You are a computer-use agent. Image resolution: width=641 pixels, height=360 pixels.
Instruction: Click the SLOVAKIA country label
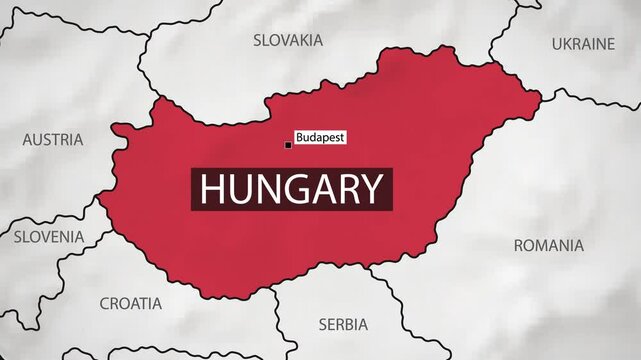[288, 40]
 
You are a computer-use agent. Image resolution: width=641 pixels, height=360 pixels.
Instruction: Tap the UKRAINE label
[583, 44]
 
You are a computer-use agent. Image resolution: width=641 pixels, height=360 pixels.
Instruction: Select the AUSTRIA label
[52, 139]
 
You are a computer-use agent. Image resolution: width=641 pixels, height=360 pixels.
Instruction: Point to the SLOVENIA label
[49, 237]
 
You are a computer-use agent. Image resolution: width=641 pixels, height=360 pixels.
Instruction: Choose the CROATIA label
[131, 302]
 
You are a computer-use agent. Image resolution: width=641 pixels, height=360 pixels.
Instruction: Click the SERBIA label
[342, 324]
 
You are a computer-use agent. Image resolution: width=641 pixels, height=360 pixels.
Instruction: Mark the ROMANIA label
[548, 245]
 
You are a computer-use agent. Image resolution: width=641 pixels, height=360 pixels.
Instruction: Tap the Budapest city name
[320, 135]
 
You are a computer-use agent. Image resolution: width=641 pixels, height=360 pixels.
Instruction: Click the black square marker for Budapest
[289, 146]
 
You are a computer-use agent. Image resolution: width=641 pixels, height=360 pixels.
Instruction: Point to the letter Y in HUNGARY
[371, 188]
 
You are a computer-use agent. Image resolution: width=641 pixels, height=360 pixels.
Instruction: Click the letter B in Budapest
[300, 135]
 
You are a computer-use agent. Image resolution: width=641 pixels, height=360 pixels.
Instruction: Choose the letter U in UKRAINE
[557, 44]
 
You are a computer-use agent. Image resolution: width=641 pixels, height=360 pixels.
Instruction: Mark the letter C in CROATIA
[105, 302]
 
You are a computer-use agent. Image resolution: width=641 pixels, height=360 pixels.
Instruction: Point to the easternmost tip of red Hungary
[541, 97]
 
